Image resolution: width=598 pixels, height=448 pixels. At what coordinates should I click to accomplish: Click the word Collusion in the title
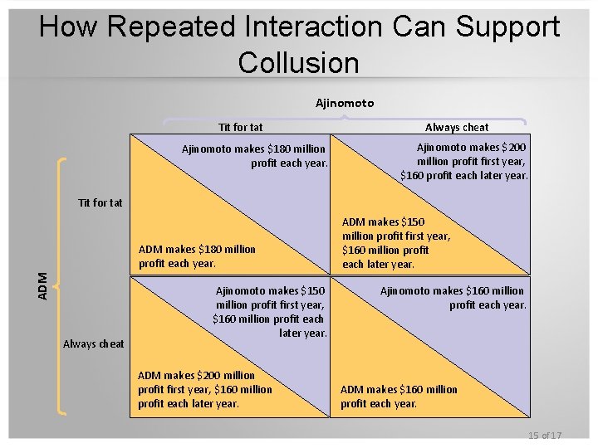pos(298,62)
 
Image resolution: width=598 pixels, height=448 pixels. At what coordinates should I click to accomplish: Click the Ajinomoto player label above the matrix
pos(345,103)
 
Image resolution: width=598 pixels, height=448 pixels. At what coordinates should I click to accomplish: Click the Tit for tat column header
pos(240,127)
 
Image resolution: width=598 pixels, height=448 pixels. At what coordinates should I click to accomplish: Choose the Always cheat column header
pos(457,127)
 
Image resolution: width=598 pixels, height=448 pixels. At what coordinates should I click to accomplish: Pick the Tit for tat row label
pos(100,202)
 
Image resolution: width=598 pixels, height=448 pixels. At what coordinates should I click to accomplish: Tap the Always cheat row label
pos(94,343)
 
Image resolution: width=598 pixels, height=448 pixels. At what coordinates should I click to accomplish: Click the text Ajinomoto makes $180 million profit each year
pos(255,156)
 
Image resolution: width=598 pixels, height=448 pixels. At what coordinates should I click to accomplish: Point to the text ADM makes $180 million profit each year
pos(197,256)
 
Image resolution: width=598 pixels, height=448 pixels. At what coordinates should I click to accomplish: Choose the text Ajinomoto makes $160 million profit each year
pos(453,297)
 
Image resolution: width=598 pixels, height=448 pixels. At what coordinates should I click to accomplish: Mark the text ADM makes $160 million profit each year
pos(399,396)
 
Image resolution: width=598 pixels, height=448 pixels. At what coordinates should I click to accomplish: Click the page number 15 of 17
pos(544,436)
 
